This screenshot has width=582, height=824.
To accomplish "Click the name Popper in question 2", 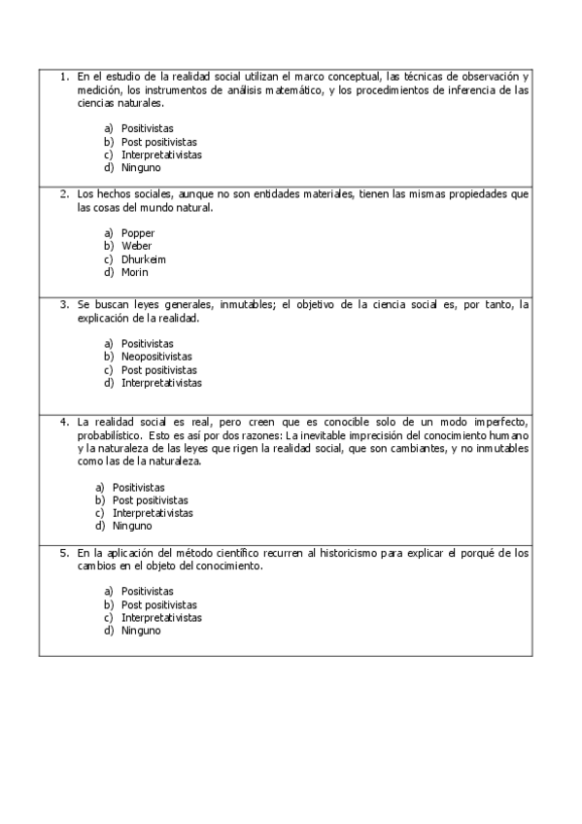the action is tap(138, 233).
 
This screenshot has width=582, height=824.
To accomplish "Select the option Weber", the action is tap(137, 246).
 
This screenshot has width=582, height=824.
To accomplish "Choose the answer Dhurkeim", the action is tap(143, 259).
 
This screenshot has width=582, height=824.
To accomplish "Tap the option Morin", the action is tap(135, 272).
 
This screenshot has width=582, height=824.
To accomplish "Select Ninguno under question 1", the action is tap(141, 167).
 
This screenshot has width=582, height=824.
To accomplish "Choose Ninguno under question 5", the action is tap(141, 631).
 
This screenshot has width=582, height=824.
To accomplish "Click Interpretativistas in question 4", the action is tap(153, 513).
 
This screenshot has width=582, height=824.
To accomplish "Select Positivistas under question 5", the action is tap(148, 591).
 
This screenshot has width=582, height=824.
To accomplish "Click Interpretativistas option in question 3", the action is tap(161, 383).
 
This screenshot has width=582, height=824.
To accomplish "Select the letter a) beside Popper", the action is tap(109, 233).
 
